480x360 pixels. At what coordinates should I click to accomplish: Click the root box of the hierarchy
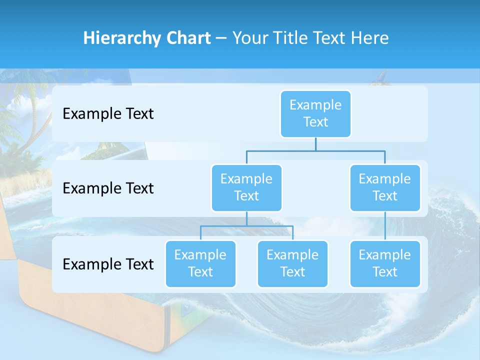click(x=315, y=113)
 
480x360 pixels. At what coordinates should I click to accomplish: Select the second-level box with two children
click(x=246, y=187)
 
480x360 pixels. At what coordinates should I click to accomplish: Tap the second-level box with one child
click(x=385, y=187)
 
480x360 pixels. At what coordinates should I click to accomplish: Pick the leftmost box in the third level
click(x=200, y=263)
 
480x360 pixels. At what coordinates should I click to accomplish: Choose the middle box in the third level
click(x=292, y=263)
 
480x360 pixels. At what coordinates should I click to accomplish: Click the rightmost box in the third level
click(x=385, y=263)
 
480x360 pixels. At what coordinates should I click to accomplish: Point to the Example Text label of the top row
click(x=108, y=114)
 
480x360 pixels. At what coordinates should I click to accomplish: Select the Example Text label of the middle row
click(x=108, y=188)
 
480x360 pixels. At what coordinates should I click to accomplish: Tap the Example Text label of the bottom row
click(x=108, y=264)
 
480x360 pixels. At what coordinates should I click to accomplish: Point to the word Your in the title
click(x=249, y=38)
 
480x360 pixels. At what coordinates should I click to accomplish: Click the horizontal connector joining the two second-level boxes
click(x=315, y=150)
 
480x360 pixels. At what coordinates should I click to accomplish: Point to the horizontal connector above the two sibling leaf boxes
click(x=246, y=226)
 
